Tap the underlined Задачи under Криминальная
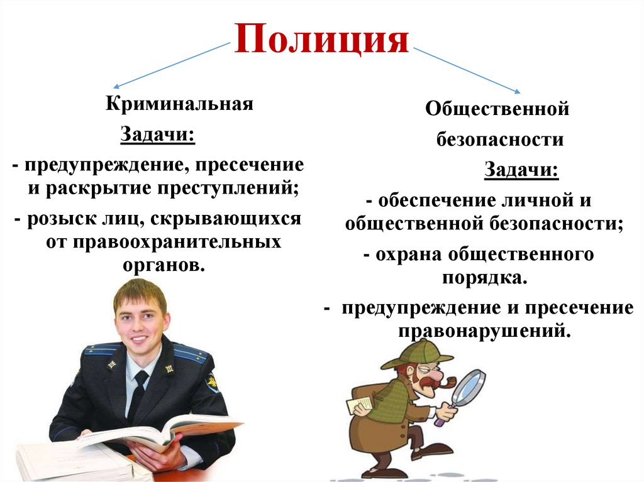tap(157, 135)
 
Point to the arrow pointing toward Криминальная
tap(170, 65)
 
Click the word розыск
tap(57, 219)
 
